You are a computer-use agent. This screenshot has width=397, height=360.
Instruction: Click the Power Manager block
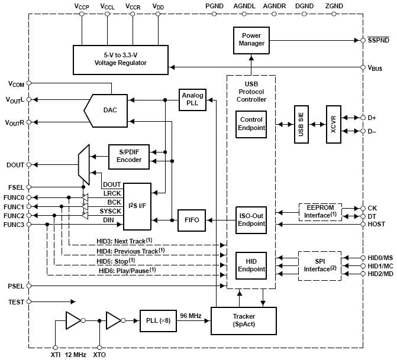(x=251, y=40)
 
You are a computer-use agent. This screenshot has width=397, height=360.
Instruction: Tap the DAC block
(x=110, y=110)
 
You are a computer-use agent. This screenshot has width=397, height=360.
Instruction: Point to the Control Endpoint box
(x=251, y=123)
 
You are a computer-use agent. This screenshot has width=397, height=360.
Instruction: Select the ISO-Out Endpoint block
(x=251, y=220)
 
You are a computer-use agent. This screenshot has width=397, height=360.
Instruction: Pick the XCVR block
(x=334, y=125)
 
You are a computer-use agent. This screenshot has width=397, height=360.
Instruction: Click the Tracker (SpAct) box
(x=243, y=320)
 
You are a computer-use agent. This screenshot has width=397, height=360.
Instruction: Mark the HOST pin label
(x=376, y=224)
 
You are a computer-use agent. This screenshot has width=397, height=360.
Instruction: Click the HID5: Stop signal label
(x=115, y=261)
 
